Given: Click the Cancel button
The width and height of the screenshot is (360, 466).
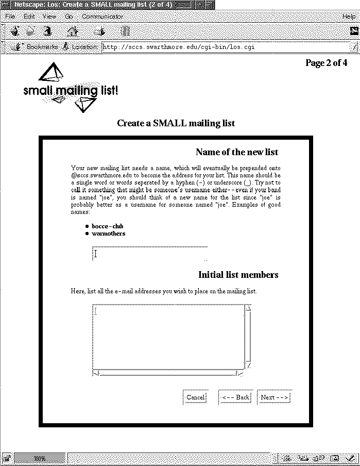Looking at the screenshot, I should coord(195,397).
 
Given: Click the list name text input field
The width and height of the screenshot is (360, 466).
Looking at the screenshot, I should coord(149,253).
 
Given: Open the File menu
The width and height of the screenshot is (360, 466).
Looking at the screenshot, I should coord(10,16).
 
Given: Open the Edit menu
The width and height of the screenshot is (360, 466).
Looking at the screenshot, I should coord(29,16).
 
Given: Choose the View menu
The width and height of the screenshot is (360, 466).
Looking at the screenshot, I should coord(49,16).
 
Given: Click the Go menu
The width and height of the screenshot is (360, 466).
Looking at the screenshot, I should coord(69,16).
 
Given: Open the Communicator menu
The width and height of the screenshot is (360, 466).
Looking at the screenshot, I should coord(102,16).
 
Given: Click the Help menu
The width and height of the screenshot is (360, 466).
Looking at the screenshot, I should coord(349,16).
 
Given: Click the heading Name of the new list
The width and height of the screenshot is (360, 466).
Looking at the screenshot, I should coord(237,152).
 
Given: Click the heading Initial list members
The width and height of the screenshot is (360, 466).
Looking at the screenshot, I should coord(238,275).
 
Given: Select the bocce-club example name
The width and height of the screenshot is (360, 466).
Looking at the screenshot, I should coord(107,226).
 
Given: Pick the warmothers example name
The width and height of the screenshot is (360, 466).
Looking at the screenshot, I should coord(108,234).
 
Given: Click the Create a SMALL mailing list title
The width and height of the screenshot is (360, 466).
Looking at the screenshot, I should coord(176,123).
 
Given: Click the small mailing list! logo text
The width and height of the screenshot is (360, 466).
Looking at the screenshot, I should coord(71,91).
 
